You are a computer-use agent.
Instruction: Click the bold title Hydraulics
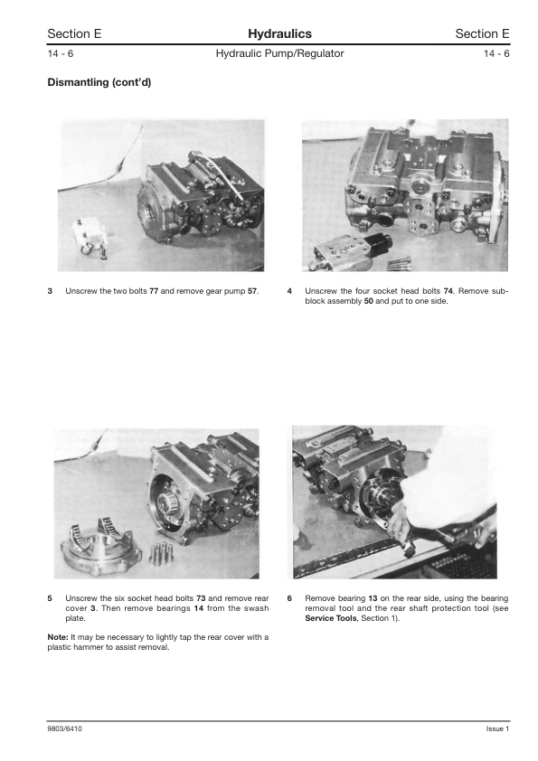[x=279, y=33]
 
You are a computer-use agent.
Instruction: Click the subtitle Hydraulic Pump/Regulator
[x=279, y=53]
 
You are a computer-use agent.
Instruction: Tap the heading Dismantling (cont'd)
[x=99, y=82]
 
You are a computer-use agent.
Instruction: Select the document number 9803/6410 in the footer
[x=64, y=728]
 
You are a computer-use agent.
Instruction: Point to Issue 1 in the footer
[x=497, y=728]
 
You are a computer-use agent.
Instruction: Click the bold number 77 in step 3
[x=154, y=291]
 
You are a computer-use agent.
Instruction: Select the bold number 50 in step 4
[x=369, y=301]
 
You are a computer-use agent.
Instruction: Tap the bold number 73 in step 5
[x=201, y=598]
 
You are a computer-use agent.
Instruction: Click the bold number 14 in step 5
[x=199, y=608]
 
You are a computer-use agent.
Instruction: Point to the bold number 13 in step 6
[x=373, y=598]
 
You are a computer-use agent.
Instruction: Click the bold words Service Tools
[x=331, y=618]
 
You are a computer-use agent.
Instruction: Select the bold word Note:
[x=58, y=637]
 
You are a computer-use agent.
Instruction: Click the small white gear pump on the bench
[x=91, y=237]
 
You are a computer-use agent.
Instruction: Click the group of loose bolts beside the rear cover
[x=161, y=552]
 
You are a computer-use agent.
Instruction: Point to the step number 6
[x=289, y=598]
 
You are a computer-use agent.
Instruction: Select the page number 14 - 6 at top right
[x=496, y=53]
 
